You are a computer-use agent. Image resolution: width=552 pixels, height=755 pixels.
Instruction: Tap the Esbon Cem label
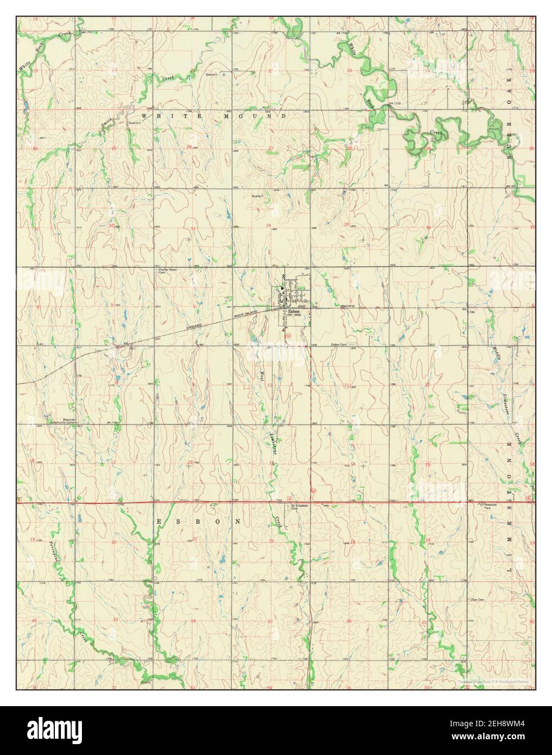pyautogui.click(x=340, y=344)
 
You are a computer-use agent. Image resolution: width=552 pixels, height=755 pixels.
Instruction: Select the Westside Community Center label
pyautogui.click(x=60, y=420)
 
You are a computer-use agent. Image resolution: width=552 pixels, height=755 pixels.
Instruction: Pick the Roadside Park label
pyautogui.click(x=487, y=506)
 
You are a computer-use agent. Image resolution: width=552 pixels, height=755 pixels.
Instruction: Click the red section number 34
pyautogui.click(x=268, y=225)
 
